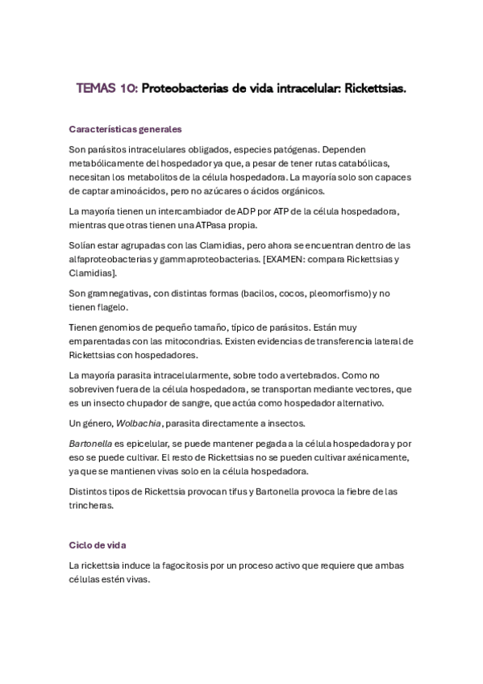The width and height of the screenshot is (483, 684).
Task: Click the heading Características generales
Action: coord(125,128)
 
